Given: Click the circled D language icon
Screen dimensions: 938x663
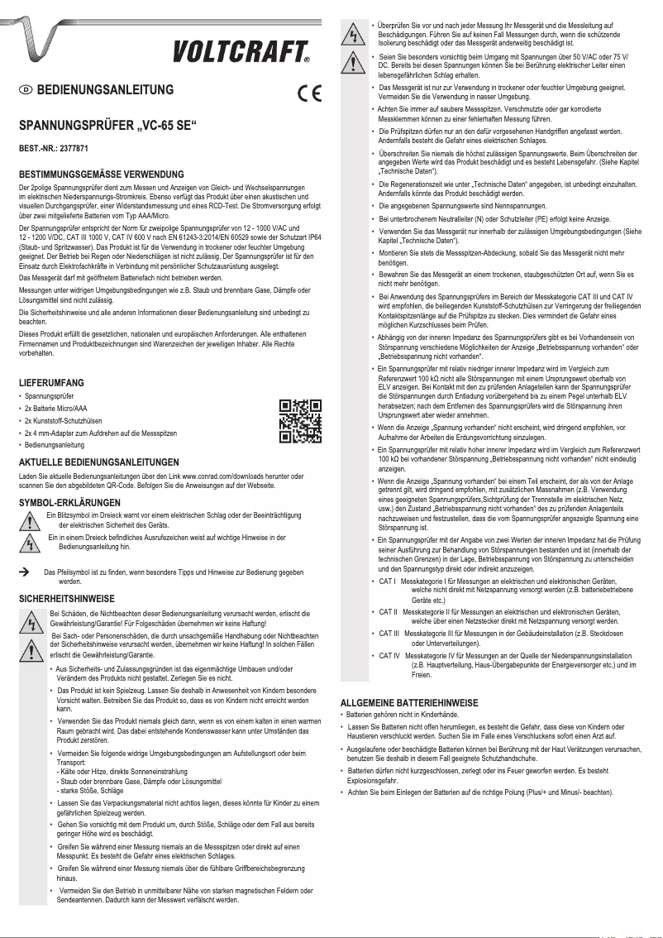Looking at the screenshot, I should pyautogui.click(x=26, y=90).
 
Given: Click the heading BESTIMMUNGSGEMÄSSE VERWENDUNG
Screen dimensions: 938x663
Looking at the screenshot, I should pyautogui.click(x=101, y=175).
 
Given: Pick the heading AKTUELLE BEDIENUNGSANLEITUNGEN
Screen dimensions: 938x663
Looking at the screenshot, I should pyautogui.click(x=98, y=462).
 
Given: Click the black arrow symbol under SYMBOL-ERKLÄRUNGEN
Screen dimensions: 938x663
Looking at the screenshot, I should pyautogui.click(x=25, y=572).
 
